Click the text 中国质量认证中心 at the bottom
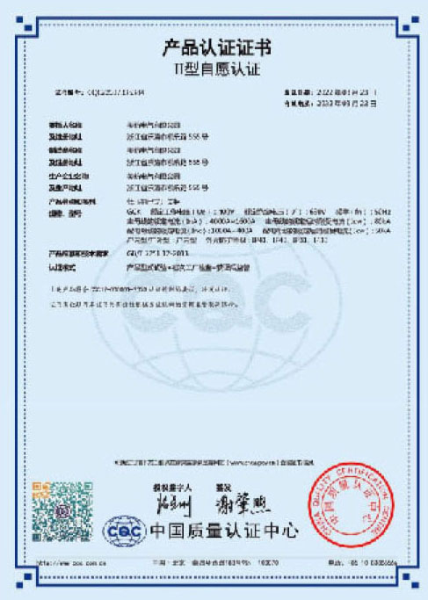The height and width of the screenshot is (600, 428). pyautogui.click(x=224, y=531)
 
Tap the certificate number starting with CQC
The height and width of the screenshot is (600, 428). pyautogui.click(x=105, y=91)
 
